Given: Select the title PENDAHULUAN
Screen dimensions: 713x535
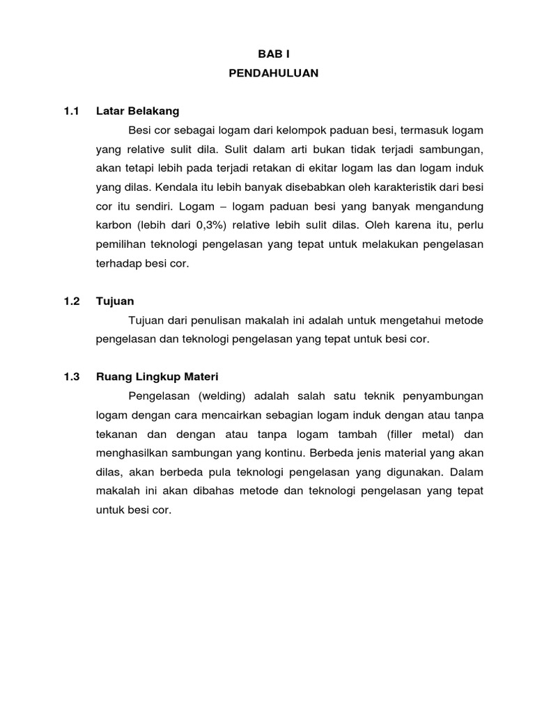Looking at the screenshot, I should tap(273, 72).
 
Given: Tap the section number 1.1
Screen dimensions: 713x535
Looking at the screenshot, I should tap(72, 111).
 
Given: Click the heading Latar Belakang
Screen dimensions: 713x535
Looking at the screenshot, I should tap(137, 111).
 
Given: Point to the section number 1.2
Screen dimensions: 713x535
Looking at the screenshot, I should tap(72, 301).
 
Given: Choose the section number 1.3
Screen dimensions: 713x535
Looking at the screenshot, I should tap(72, 377).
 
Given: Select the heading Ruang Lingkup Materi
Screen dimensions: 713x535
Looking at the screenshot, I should tap(157, 377).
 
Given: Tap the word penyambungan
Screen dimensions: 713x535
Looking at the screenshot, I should tap(443, 395).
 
